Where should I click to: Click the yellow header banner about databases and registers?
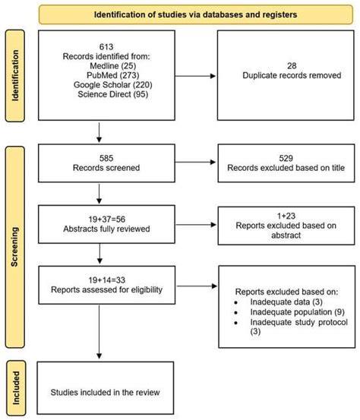(x=195, y=14)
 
